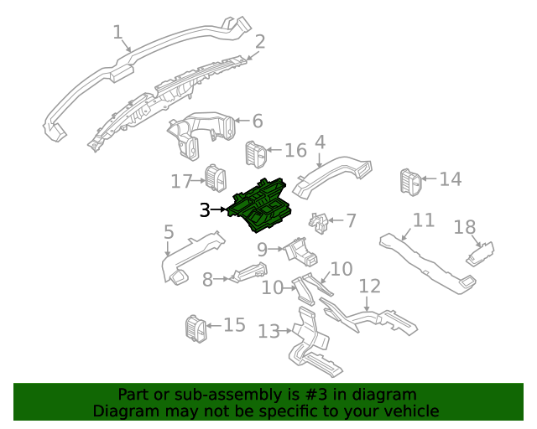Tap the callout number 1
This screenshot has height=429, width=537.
[x=118, y=33]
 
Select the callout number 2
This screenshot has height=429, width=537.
[x=260, y=41]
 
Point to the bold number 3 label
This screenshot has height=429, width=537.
[x=205, y=210]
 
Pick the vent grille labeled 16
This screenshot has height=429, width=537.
[x=255, y=153]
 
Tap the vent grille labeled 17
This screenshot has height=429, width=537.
[x=216, y=178]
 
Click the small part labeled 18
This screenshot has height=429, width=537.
[x=481, y=254]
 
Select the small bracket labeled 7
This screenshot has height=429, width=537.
[x=320, y=223]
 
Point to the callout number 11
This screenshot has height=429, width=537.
[x=424, y=220]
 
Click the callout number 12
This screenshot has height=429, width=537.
[x=369, y=287]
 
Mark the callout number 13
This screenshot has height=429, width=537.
[x=268, y=332]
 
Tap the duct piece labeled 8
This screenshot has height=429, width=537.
[x=249, y=273]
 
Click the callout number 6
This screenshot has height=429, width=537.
[x=257, y=121]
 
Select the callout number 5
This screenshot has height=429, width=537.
[x=169, y=232]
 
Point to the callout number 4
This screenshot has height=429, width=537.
[x=320, y=142]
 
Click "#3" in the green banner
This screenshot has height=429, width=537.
[x=323, y=395]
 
